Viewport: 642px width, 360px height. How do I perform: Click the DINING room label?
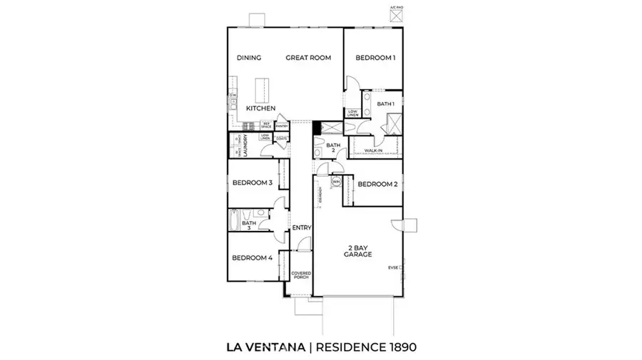[248, 58]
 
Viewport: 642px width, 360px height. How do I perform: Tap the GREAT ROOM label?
[308, 58]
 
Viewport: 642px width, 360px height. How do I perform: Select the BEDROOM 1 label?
[376, 58]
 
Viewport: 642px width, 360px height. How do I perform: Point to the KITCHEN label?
[261, 108]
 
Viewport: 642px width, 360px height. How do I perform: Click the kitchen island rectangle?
[261, 90]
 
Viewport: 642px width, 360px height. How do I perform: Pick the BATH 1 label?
[386, 105]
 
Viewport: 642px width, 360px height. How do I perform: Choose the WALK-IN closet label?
[372, 151]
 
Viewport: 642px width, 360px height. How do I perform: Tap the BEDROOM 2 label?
[377, 184]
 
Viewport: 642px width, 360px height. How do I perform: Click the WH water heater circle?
[335, 182]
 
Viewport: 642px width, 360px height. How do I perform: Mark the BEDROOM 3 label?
[252, 182]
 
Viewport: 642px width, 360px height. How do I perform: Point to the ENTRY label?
[302, 228]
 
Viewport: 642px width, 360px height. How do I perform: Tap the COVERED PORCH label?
[300, 276]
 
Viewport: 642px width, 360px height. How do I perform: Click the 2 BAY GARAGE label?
[357, 250]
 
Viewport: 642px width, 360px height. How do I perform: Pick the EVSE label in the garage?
[392, 268]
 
